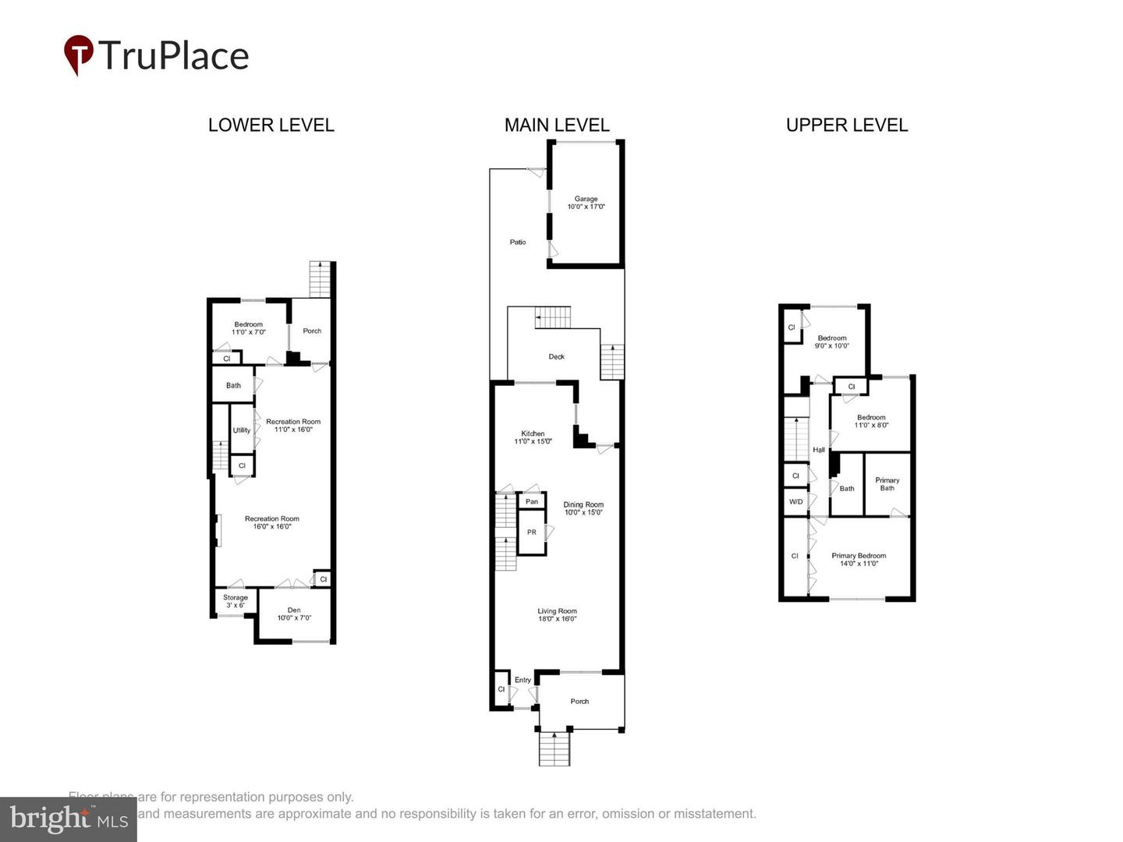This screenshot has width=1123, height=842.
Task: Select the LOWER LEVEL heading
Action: point(271,126)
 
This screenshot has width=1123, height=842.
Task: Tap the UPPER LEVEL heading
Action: point(847,126)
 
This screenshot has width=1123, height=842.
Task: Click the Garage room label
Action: point(586,203)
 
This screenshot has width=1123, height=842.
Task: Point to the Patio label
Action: point(518,242)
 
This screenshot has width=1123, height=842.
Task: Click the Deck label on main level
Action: point(556,357)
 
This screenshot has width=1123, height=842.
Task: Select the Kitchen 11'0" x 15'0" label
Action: point(533,437)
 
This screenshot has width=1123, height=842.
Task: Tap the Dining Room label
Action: point(583,508)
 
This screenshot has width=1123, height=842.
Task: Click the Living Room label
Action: point(557,615)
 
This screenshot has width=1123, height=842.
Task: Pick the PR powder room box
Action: point(531,532)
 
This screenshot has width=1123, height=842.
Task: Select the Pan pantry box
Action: point(531,501)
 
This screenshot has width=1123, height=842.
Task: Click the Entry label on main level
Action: point(523,680)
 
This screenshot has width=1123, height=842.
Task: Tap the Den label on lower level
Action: point(294,614)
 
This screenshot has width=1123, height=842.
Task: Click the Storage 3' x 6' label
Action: point(235,601)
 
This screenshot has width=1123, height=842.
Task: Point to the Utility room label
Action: point(242,430)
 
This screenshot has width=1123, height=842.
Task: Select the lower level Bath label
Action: point(233,385)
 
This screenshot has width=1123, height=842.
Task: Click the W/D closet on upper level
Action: point(795,501)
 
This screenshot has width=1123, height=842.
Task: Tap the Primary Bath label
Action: point(887,484)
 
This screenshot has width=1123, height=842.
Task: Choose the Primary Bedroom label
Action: point(859,560)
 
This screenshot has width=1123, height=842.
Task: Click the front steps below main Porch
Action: point(554,749)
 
